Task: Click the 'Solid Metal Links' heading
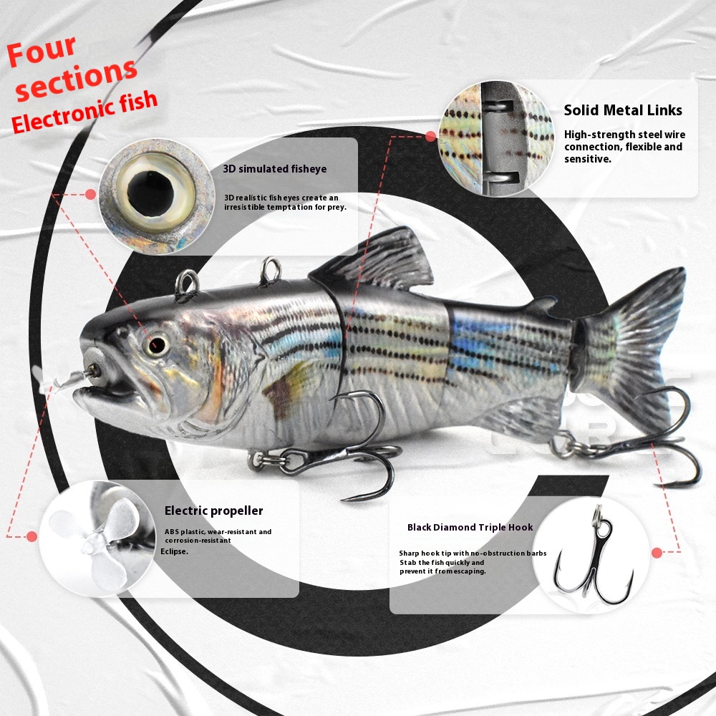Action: (623, 110)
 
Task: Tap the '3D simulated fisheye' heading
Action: (275, 169)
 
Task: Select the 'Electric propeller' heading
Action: (213, 511)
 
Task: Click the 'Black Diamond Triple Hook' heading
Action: (470, 528)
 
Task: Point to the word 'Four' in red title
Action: (41, 50)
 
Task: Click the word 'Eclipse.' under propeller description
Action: (175, 551)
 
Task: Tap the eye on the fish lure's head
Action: (157, 344)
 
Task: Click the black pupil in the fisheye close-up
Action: (150, 192)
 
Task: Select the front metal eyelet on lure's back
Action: (186, 286)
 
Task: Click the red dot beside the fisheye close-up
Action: (90, 195)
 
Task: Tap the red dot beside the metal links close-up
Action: (430, 136)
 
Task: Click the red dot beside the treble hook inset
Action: (657, 553)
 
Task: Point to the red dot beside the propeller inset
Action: (32, 536)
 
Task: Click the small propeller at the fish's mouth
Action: (64, 380)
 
